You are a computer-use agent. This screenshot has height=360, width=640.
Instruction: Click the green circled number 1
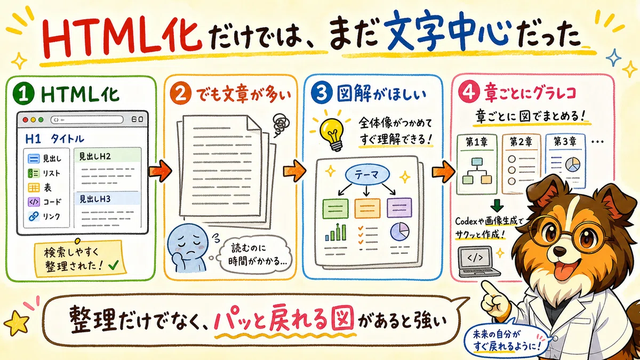23,94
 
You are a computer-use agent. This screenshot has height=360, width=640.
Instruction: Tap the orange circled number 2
180,94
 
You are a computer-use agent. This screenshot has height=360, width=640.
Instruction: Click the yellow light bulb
332,134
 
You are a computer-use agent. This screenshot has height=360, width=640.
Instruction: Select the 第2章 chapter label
521,142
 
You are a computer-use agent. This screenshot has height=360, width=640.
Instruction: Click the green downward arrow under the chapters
497,205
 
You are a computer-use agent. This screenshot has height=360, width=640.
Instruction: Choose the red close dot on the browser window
26,119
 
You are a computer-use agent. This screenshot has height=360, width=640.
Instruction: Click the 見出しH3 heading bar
107,198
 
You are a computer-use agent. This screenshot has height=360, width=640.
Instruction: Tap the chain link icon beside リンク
34,217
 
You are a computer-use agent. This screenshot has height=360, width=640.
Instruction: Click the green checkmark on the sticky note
114,266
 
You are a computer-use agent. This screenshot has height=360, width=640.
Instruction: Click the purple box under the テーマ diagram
399,207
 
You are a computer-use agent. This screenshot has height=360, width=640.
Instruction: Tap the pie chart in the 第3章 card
573,165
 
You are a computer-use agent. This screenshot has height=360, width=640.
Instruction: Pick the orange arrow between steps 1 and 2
160,171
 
